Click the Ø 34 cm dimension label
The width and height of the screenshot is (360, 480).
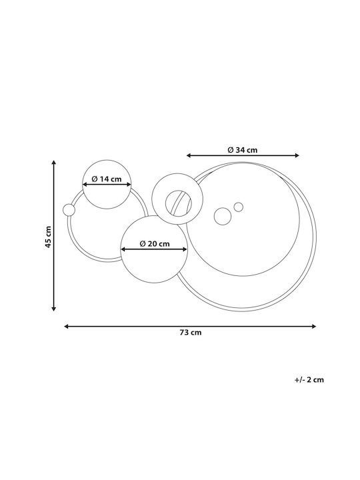coord(243,150)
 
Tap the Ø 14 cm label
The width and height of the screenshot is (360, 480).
coord(107,179)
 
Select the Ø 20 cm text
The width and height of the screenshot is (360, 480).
coord(155,244)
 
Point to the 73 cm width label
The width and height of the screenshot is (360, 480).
coord(191,333)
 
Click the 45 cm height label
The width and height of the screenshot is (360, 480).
coord(49,237)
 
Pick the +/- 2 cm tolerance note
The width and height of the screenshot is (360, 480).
coord(309,380)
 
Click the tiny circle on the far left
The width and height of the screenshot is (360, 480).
coord(69,210)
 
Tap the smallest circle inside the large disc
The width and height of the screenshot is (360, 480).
coord(239,207)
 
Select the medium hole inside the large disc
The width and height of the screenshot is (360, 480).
coord(223,216)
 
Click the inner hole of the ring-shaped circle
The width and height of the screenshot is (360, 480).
coord(179,203)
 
